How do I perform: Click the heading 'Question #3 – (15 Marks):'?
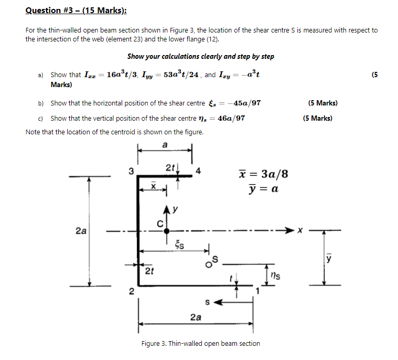tap(76, 11)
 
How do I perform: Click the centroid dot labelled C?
tap(166, 230)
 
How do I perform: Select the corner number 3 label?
tap(132, 171)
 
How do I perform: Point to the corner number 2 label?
tap(132, 291)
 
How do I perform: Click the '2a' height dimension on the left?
tap(81, 230)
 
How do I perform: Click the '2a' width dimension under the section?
tap(195, 317)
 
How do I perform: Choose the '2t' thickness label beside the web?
tap(149, 271)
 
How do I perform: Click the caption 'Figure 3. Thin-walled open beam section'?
tap(200, 343)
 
